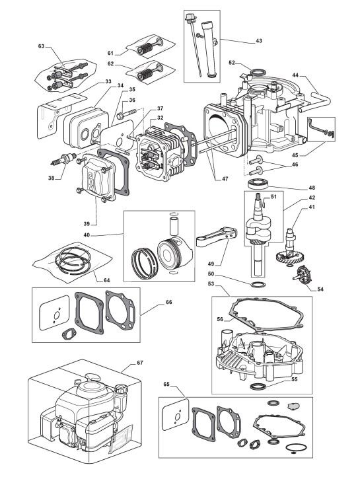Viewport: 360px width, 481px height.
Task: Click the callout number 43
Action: (x=259, y=41)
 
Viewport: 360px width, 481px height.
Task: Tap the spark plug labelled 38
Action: (x=63, y=159)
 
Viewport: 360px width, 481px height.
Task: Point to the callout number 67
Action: (x=140, y=363)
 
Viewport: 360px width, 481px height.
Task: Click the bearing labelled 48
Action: (x=258, y=184)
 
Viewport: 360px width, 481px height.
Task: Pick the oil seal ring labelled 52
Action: (x=258, y=73)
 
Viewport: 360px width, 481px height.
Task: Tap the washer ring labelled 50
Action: (x=257, y=283)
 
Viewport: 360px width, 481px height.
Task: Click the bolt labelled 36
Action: (x=127, y=114)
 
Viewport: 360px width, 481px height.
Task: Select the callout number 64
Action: (x=107, y=280)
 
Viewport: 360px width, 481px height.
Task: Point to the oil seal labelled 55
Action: (x=257, y=387)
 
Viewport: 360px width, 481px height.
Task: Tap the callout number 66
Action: (x=169, y=302)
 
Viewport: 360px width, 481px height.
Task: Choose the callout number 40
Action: (x=87, y=235)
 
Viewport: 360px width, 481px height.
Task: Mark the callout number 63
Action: (x=41, y=46)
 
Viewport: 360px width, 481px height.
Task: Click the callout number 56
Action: (x=219, y=319)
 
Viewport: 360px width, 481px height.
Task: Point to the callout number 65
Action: (x=166, y=385)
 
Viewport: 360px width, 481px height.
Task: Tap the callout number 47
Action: (x=225, y=179)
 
